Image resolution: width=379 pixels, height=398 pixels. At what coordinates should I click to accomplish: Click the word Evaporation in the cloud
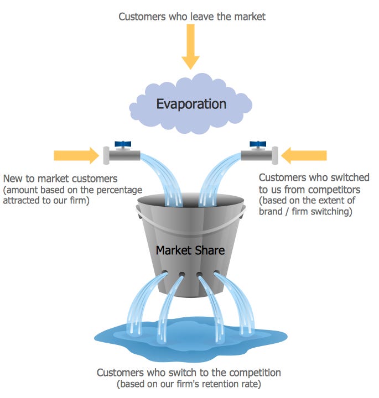point(191,104)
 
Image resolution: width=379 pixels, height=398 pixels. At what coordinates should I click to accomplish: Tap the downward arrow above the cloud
point(190,48)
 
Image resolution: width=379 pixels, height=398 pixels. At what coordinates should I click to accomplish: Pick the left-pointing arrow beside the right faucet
point(304,155)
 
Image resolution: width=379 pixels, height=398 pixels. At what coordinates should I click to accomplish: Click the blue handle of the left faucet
point(122,143)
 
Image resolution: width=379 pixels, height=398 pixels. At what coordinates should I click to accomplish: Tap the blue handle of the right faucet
point(257,144)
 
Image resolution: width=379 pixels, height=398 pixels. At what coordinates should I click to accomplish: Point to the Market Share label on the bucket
point(190,250)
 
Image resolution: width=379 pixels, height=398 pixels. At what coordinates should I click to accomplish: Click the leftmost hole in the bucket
point(165,273)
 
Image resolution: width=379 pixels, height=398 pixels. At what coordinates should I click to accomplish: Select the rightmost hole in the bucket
point(216,273)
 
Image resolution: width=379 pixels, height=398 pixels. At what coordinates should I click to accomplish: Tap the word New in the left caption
point(13,179)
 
